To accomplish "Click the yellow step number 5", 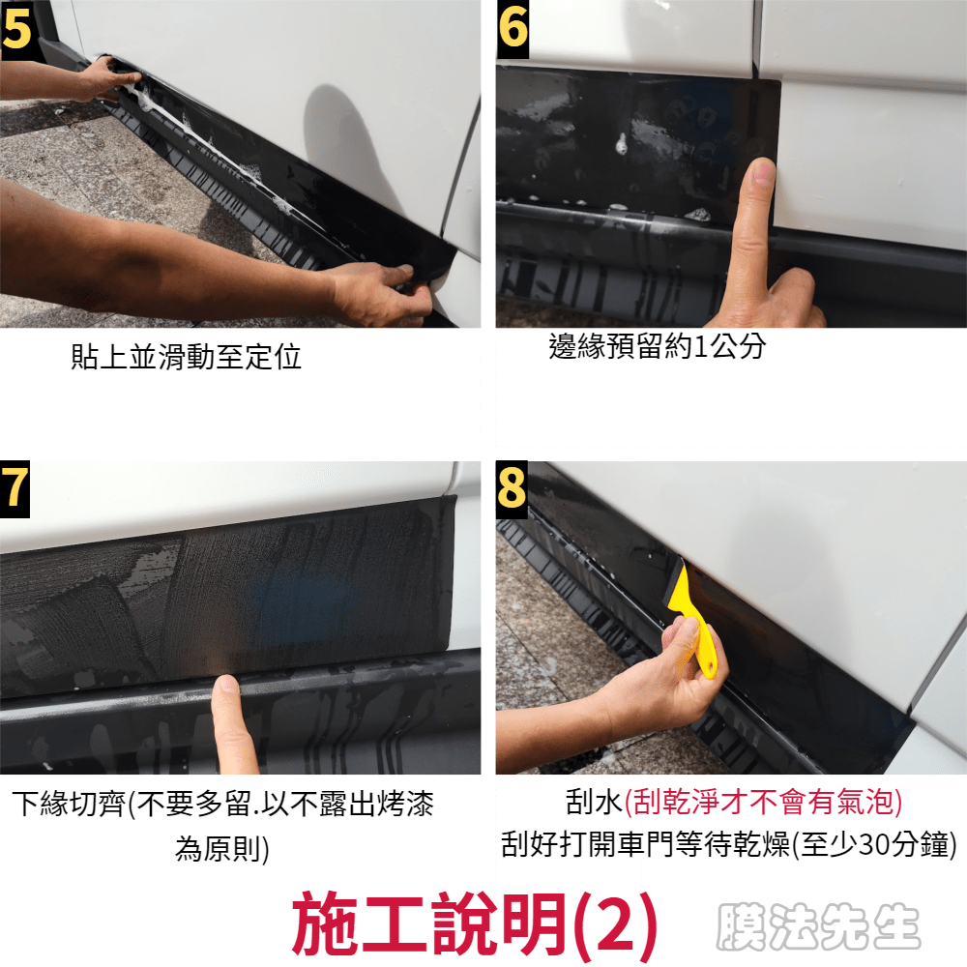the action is (16, 29).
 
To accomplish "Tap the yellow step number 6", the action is (513, 28).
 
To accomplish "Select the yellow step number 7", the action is (15, 487).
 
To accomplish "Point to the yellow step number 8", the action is (512, 487).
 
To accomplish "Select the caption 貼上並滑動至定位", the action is (187, 357).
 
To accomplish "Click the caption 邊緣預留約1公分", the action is (657, 346).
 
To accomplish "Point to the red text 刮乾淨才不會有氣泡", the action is (764, 803).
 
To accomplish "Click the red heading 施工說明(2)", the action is (474, 924).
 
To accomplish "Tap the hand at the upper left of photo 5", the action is (104, 79).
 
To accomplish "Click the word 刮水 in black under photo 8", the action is (594, 803).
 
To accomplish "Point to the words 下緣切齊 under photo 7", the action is (69, 804).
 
